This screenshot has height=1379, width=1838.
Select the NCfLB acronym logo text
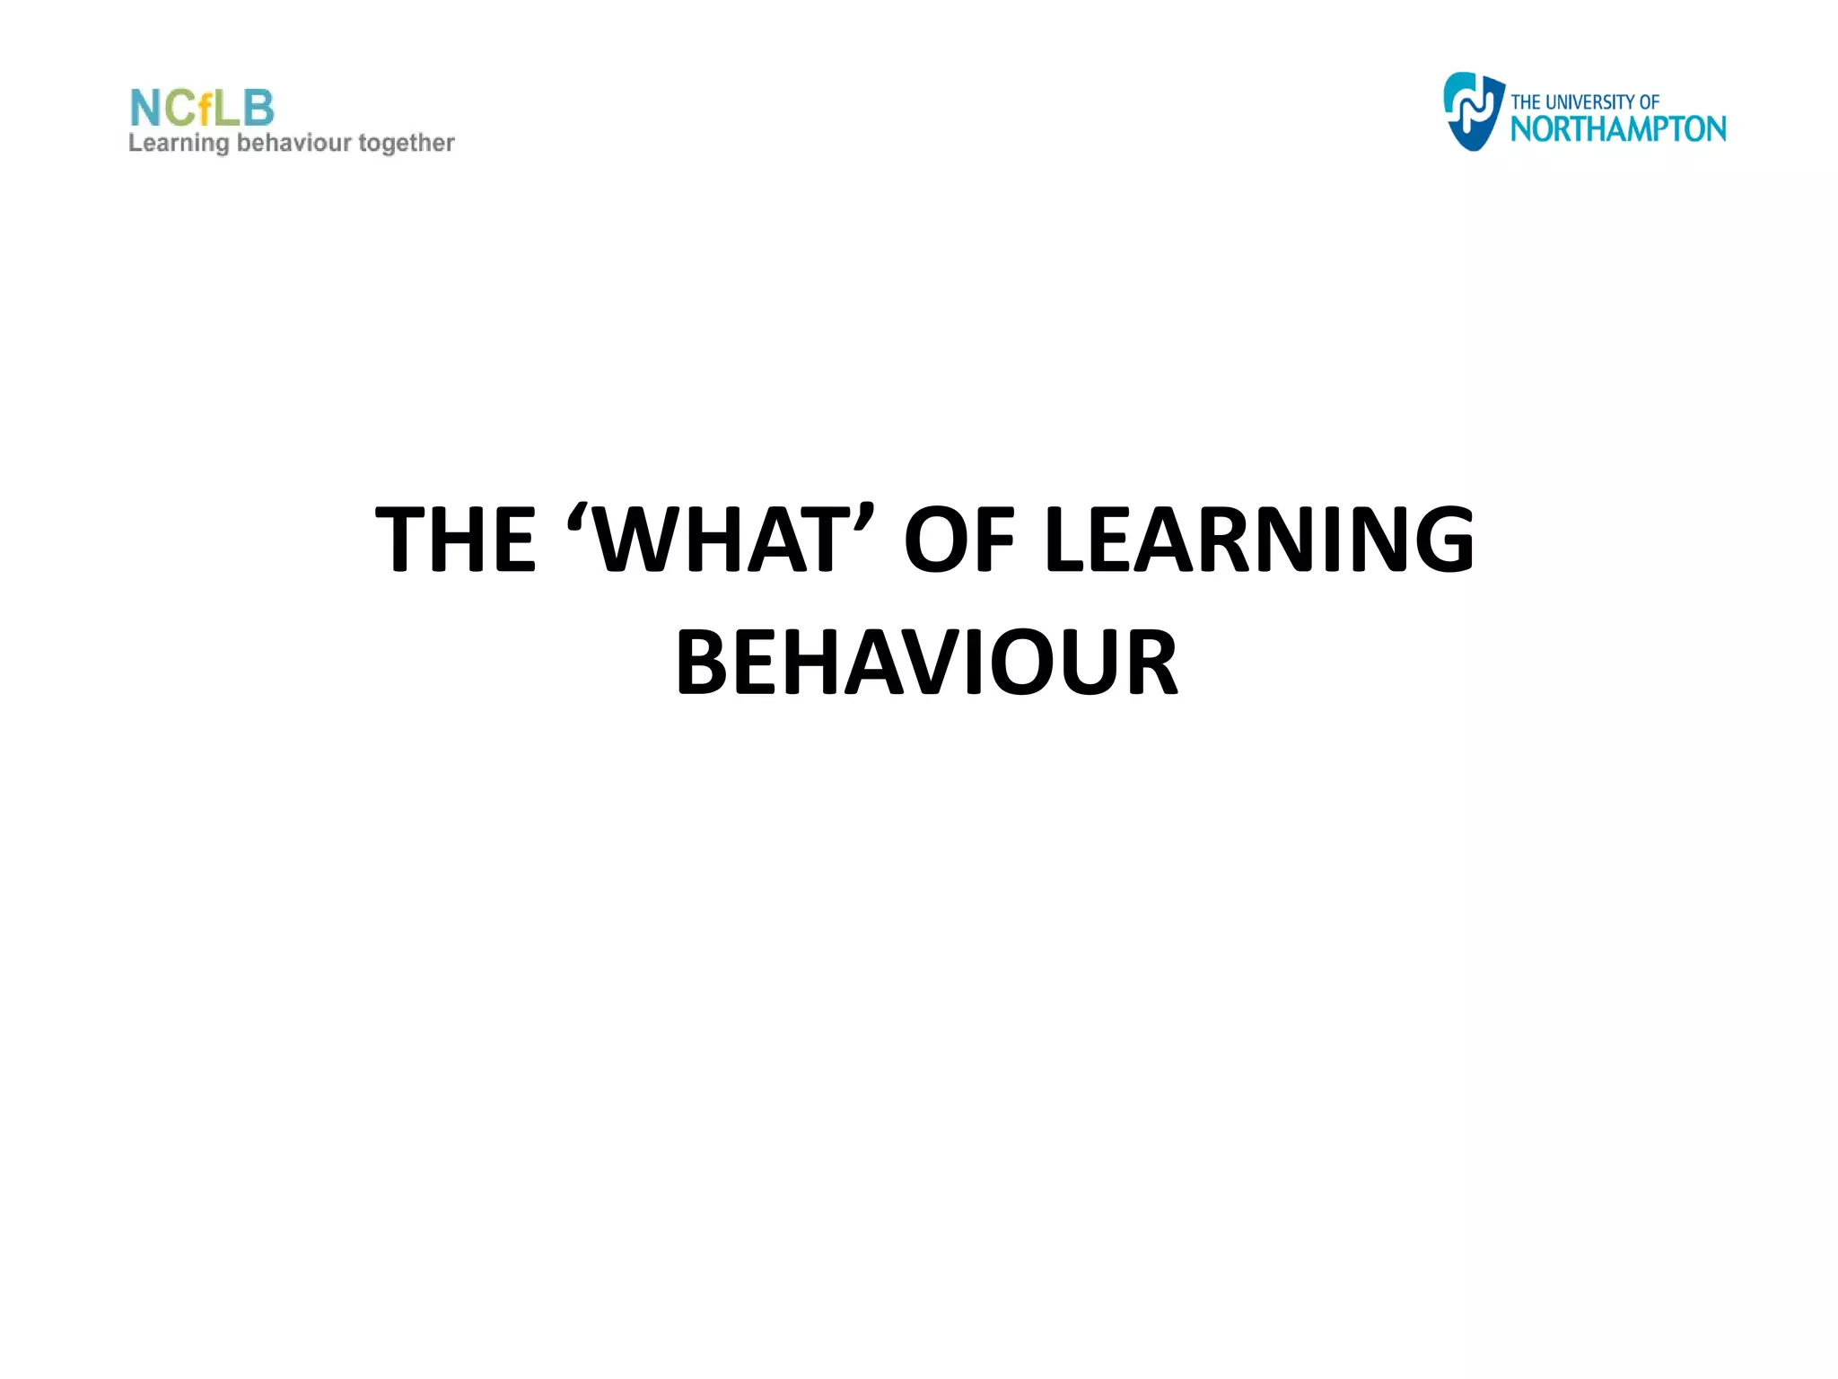202,109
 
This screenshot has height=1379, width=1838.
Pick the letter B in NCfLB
258,109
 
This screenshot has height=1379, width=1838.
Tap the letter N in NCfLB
146,109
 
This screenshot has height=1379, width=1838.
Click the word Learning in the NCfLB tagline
179,144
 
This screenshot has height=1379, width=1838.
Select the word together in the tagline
407,144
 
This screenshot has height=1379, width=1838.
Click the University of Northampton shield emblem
1473,111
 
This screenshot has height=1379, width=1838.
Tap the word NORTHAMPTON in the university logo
1617,129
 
